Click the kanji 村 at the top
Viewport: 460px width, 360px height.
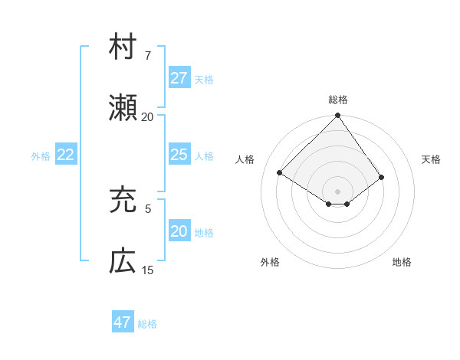(123, 47)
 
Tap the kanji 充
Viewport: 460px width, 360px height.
(123, 200)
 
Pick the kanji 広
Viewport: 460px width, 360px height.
(123, 261)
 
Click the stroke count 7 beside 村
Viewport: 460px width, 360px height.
(148, 56)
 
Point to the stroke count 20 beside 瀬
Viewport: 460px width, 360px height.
(147, 117)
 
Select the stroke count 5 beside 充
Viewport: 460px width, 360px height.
(148, 208)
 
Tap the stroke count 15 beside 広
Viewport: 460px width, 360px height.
(147, 270)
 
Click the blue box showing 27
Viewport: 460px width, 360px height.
(179, 78)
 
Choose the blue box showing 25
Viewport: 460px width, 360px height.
(179, 155)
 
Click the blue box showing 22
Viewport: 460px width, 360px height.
(65, 155)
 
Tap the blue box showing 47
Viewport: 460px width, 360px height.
(122, 322)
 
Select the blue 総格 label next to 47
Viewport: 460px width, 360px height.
(147, 324)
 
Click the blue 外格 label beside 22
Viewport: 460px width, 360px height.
(41, 156)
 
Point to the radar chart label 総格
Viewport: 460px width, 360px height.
(338, 100)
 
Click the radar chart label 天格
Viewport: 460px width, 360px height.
(432, 159)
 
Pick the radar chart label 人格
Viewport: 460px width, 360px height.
(245, 159)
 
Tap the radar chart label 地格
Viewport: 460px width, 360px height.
(402, 262)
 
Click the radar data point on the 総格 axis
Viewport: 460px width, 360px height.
(338, 116)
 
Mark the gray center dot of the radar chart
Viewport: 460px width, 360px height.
(338, 191)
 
